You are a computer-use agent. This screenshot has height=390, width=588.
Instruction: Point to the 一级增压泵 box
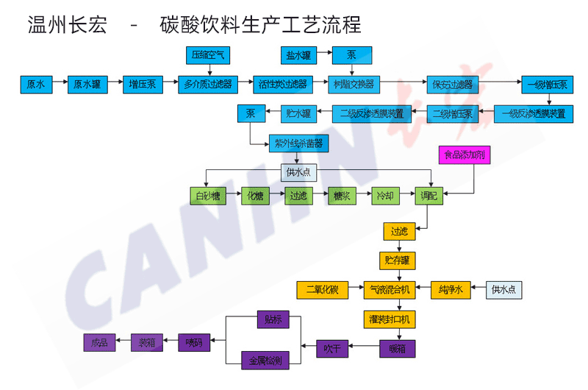(547, 84)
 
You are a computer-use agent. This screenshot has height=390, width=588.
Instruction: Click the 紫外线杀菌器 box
(298, 143)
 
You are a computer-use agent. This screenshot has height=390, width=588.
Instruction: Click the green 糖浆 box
(340, 197)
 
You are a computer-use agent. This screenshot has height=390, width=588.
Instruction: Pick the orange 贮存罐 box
(399, 260)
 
